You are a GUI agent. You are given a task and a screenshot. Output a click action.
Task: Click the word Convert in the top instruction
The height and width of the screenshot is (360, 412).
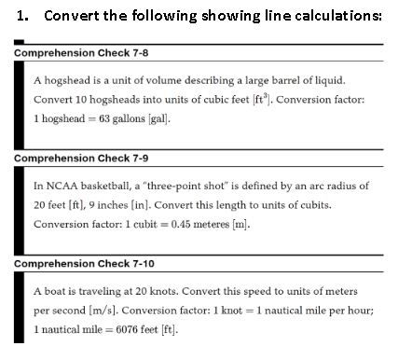73,15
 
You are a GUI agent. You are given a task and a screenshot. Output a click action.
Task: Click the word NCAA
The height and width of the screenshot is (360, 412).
62,184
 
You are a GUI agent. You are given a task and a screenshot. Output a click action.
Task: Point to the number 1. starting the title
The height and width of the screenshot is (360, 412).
22,15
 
